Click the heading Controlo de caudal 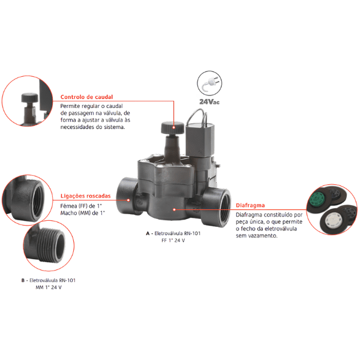coord(86,97)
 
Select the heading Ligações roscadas coord(85,196)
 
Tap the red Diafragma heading coord(250,205)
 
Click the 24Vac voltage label coord(209,102)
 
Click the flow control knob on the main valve coord(173,128)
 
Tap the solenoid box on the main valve coord(200,139)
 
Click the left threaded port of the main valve coord(126,195)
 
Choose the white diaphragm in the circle coord(332,220)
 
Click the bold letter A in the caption coord(148,233)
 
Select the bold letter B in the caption coord(23,280)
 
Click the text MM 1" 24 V coord(49,287)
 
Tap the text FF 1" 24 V coord(173,241)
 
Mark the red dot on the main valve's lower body coord(174,209)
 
